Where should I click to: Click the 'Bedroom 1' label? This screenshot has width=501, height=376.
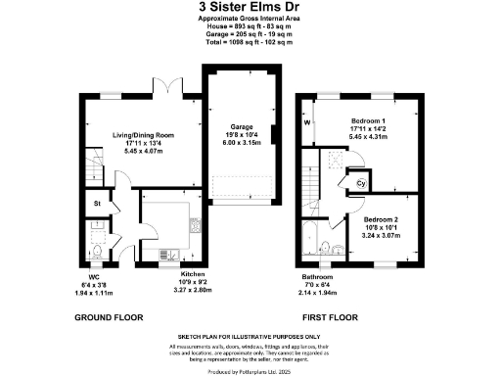pyautogui.click(x=355, y=121)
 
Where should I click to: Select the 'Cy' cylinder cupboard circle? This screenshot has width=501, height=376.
pyautogui.click(x=359, y=182)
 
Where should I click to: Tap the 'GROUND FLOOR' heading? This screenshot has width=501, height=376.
pyautogui.click(x=110, y=317)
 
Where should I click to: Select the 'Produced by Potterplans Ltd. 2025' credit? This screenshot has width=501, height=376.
pyautogui.click(x=250, y=370)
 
